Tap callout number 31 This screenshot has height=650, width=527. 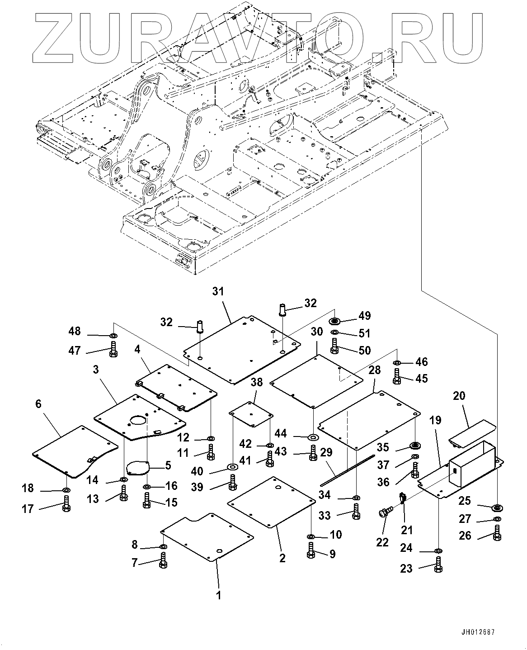click(x=218, y=292)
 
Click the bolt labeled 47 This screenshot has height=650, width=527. click(x=113, y=349)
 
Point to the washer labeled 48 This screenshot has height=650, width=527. click(x=113, y=336)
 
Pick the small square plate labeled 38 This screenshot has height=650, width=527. click(x=251, y=413)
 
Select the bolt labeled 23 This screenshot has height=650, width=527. click(x=438, y=565)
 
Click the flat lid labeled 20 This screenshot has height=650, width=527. click(x=472, y=433)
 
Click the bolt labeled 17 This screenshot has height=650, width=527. click(x=66, y=505)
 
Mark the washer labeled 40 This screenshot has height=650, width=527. click(x=232, y=466)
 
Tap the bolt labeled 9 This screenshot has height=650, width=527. click(x=311, y=551)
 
